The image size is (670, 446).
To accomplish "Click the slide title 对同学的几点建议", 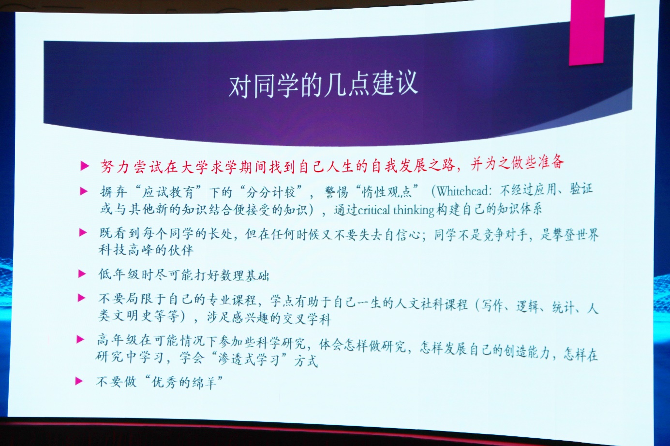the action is [323, 85].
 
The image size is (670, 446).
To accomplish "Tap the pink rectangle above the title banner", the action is [586, 32].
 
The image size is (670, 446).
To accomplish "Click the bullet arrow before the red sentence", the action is [85, 166].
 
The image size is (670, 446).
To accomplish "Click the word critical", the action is [374, 210].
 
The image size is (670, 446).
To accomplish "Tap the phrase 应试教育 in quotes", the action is [168, 191].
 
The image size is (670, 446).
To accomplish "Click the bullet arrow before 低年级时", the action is [82, 274].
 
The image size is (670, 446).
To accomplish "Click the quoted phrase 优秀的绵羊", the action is [184, 382].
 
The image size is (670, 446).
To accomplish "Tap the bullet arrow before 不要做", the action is [79, 381].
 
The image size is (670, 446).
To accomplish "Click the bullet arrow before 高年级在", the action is [80, 339].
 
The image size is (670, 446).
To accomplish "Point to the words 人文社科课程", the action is [431, 304].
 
